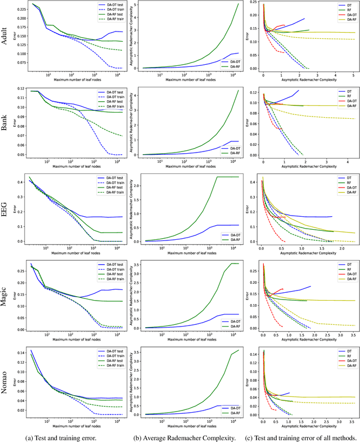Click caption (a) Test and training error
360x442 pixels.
[x=69, y=437]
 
